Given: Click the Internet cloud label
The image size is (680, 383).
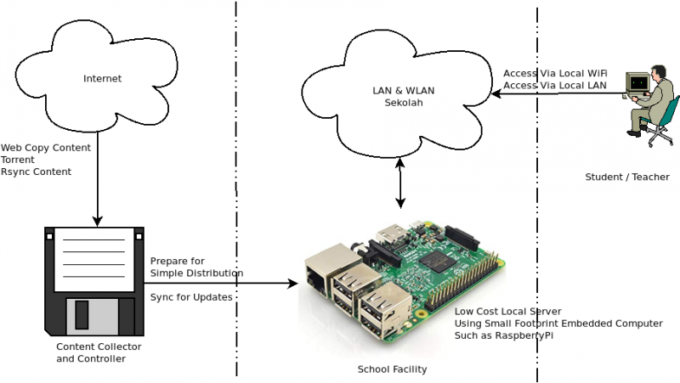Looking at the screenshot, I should [102, 79].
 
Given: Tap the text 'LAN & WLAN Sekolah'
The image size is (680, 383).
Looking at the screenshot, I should [398, 97].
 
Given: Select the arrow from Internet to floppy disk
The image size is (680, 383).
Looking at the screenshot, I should [97, 187].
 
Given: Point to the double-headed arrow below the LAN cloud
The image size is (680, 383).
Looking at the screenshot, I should [400, 182].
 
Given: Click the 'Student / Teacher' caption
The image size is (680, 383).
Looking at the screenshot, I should [626, 177].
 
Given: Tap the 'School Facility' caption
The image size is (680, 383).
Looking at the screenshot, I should [392, 369].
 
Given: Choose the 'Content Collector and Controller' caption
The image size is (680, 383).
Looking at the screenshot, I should [99, 352].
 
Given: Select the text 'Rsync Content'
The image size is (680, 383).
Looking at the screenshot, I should [36, 172].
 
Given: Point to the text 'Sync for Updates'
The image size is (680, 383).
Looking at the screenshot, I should [192, 297].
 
